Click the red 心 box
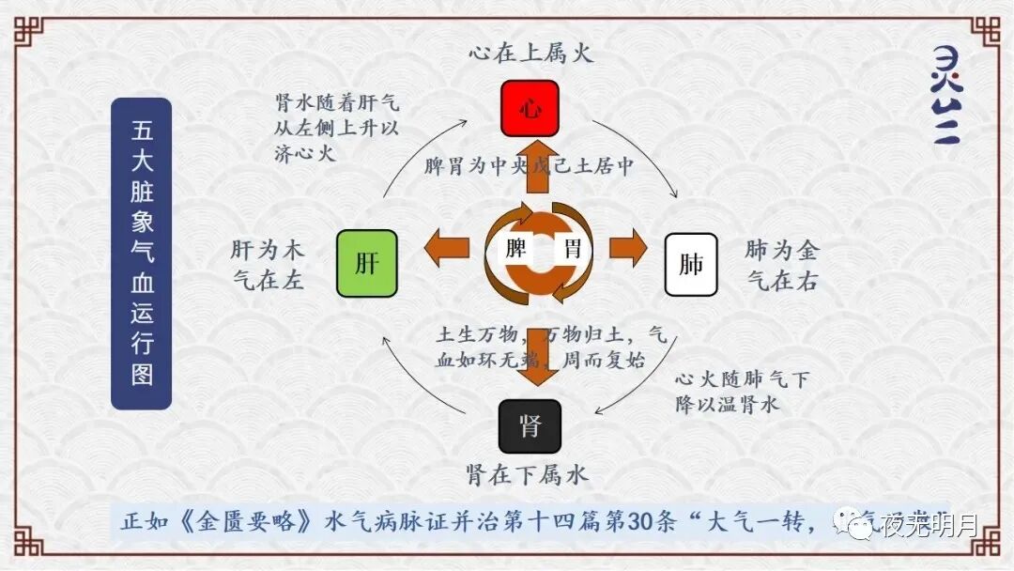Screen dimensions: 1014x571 [x=530, y=109]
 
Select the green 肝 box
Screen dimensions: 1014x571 [x=366, y=263]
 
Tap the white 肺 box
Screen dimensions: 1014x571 [x=691, y=264]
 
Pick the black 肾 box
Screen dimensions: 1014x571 [x=530, y=426]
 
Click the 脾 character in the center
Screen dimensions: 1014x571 [x=515, y=250]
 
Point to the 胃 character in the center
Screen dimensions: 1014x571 [x=571, y=250]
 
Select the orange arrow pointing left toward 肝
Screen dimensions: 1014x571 [x=447, y=250]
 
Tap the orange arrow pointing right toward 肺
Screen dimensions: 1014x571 [x=627, y=250]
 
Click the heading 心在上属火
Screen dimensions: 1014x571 [x=531, y=53]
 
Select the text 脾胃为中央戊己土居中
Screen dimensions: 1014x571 [x=530, y=166]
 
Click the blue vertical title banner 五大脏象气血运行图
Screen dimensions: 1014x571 [x=141, y=254]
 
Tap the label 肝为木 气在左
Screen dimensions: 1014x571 [x=268, y=264]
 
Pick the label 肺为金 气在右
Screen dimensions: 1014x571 [x=781, y=264]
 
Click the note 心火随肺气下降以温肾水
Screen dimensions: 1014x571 [x=742, y=393]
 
